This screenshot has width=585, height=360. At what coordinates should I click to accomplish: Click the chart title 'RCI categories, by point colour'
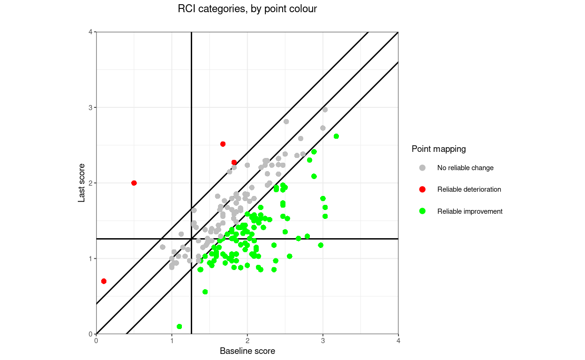click(247, 9)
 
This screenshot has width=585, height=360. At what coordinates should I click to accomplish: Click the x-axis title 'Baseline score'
click(247, 351)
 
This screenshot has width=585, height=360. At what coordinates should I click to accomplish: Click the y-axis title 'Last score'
click(82, 183)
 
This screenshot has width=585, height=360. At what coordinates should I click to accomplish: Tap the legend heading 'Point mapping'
click(438, 149)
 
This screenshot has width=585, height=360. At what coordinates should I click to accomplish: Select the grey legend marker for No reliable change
click(422, 168)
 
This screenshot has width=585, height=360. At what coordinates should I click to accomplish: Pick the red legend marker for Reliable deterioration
click(422, 189)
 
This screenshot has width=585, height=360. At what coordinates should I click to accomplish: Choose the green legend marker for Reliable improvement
click(422, 211)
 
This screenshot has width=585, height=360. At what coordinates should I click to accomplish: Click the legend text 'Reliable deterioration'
click(469, 189)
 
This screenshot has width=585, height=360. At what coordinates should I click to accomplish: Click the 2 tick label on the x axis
click(247, 341)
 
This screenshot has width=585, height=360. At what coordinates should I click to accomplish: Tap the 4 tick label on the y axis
click(90, 32)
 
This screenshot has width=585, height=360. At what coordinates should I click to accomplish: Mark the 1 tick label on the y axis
click(90, 259)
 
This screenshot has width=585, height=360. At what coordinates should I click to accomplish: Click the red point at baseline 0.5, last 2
click(134, 183)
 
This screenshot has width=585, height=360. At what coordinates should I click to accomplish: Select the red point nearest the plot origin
click(104, 281)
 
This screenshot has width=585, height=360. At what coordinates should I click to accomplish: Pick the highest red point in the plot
click(223, 144)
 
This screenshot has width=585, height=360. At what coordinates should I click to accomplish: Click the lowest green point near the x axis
click(179, 326)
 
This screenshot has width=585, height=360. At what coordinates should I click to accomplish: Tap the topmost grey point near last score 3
click(325, 110)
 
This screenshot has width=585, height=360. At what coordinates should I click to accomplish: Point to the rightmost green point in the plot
click(336, 136)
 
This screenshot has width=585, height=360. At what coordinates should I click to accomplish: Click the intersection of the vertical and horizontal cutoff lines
click(191, 239)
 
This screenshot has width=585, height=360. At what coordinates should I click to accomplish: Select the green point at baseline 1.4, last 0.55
click(205, 292)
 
